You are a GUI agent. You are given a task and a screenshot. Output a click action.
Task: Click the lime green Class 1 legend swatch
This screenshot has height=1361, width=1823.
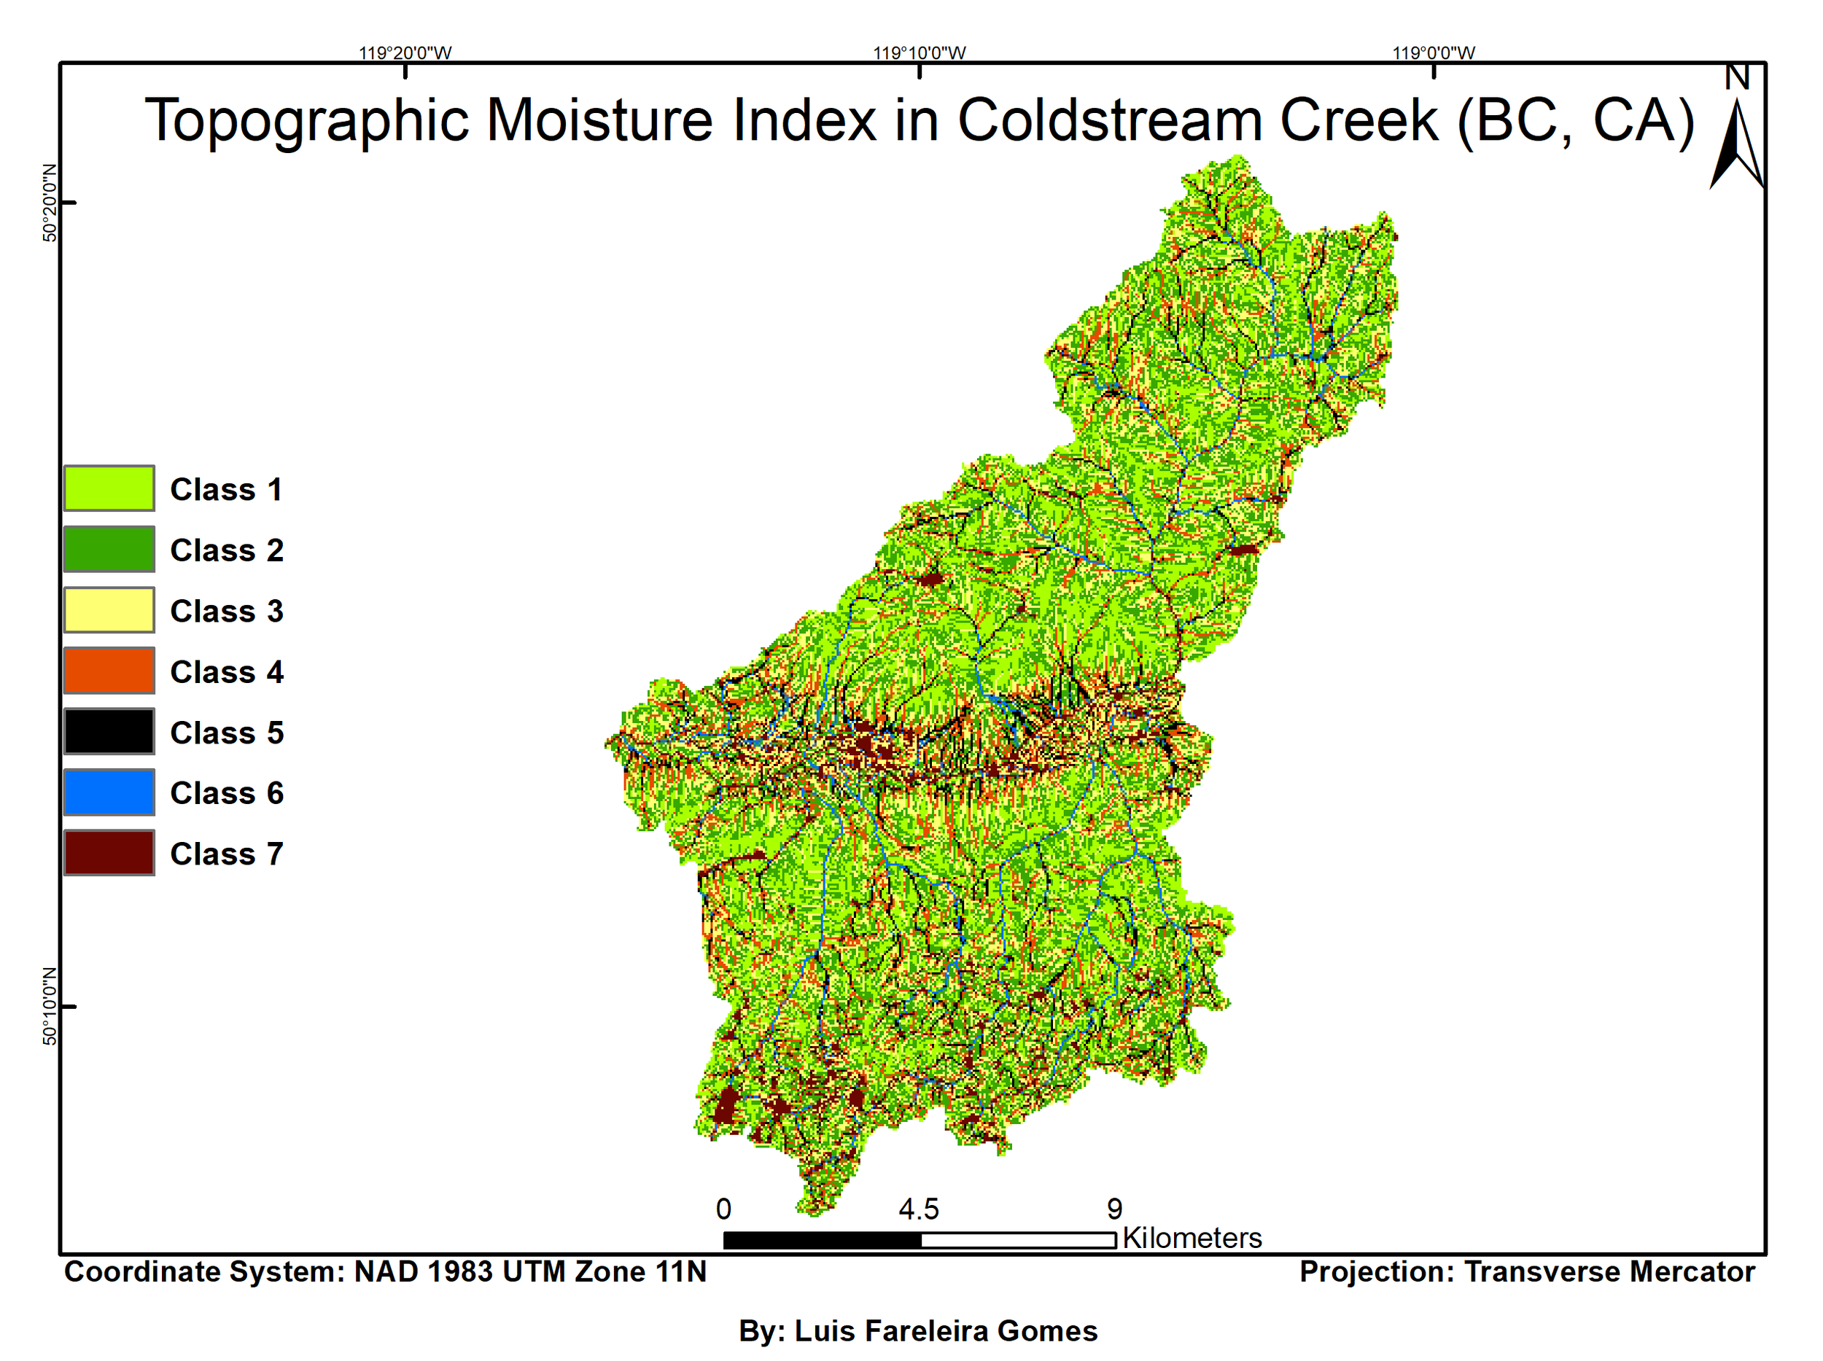[109, 488]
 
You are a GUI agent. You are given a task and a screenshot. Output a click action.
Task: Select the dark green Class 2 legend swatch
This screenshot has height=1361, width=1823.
[109, 550]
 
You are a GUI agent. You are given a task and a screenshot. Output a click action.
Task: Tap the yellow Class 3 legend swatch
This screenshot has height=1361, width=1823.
[109, 610]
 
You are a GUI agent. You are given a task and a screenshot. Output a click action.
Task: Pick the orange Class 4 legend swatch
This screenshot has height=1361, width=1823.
[109, 671]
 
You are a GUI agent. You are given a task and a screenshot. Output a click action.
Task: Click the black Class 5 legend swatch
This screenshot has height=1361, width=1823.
[109, 732]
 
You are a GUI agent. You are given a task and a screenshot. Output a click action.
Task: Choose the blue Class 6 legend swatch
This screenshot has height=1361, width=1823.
[109, 792]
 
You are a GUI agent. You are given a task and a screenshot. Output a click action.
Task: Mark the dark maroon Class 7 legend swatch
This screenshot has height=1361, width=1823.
[109, 853]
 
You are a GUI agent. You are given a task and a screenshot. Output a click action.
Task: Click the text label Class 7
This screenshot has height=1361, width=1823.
[227, 854]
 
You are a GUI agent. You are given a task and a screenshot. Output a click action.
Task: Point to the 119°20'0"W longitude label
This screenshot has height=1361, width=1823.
[405, 53]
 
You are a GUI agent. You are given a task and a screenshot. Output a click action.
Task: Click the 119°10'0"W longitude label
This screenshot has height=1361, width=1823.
[919, 53]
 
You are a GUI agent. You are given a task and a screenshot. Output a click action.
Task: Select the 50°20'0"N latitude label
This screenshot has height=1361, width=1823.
[50, 203]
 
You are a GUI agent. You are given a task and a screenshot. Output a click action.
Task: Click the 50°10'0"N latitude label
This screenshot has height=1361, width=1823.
[50, 1007]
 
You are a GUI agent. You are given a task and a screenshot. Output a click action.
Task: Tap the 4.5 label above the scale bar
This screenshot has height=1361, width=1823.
[918, 1209]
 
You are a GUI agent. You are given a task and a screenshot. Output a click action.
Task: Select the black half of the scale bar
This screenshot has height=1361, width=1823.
[822, 1241]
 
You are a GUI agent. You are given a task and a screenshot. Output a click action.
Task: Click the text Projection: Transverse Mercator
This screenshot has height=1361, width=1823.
[1526, 1272]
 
